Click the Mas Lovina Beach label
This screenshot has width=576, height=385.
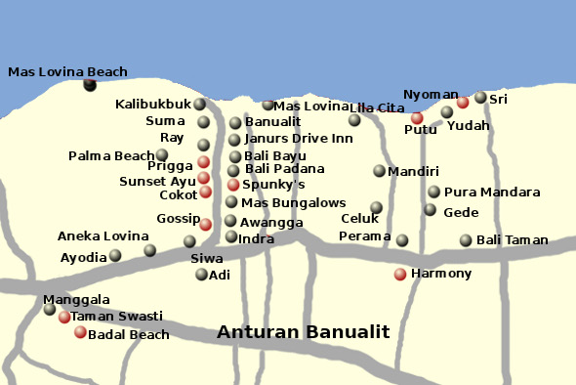pyautogui.click(x=67, y=71)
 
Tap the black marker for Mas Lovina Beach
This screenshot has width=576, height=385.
pyautogui.click(x=90, y=85)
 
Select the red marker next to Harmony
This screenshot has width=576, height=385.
pyautogui.click(x=400, y=274)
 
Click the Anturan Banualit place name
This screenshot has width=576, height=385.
pyautogui.click(x=303, y=332)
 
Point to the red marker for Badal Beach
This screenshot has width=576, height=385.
pyautogui.click(x=80, y=332)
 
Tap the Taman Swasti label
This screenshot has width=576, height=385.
pyautogui.click(x=117, y=317)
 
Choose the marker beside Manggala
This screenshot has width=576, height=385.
pyautogui.click(x=50, y=310)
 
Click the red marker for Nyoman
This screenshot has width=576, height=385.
pyautogui.click(x=463, y=102)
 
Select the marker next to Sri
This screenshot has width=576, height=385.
pyautogui.click(x=480, y=98)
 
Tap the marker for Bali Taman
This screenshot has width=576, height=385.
pyautogui.click(x=466, y=240)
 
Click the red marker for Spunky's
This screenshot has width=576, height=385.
pyautogui.click(x=233, y=185)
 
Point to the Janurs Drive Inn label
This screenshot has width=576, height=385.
pyautogui.click(x=298, y=139)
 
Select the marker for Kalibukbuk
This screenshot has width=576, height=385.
pyautogui.click(x=199, y=105)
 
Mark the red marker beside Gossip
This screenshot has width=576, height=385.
pyautogui.click(x=205, y=225)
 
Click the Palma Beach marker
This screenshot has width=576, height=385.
pyautogui.click(x=162, y=154)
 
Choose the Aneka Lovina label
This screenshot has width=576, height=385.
pyautogui.click(x=98, y=236)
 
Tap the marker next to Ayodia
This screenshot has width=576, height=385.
pyautogui.click(x=115, y=256)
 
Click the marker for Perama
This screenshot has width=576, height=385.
pyautogui.click(x=402, y=240)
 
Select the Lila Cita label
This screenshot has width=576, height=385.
pyautogui.click(x=377, y=107)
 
